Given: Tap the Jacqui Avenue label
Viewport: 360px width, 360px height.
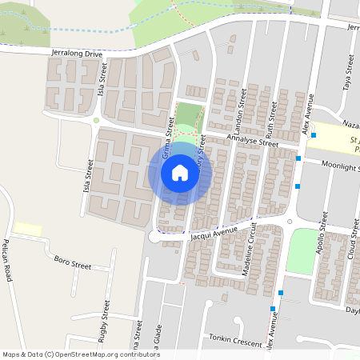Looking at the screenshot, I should click(x=214, y=233).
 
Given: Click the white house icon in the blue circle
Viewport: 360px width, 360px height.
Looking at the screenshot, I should click(x=180, y=173).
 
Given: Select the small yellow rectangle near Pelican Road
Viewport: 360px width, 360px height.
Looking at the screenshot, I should click(x=27, y=230).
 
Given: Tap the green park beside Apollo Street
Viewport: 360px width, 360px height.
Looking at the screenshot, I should click(x=302, y=250).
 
